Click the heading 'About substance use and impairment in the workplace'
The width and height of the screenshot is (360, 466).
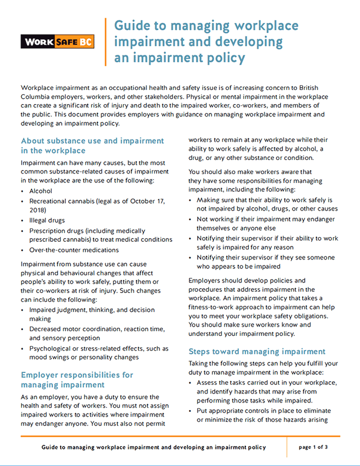coord(92,146)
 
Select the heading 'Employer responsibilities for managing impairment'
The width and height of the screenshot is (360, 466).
coord(77,380)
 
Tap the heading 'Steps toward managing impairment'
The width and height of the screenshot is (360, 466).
coord(257,351)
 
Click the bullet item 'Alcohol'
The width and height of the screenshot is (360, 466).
coord(41,191)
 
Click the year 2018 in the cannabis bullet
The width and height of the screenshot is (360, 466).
coord(38,210)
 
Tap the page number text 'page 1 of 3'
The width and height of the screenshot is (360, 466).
coord(314,447)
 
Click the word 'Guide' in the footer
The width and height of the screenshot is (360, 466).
coord(51,448)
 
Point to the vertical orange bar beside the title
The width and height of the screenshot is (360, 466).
coord(106,41)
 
